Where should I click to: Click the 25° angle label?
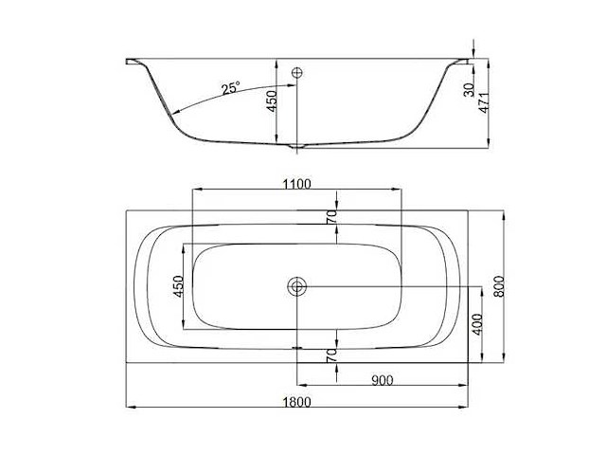pyautogui.click(x=230, y=88)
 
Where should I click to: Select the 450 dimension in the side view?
pyautogui.click(x=272, y=101)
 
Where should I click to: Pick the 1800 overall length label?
pyautogui.click(x=296, y=402)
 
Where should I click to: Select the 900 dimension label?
pyautogui.click(x=383, y=380)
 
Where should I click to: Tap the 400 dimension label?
pyautogui.click(x=477, y=323)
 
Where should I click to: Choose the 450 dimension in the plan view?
pyautogui.click(x=176, y=287)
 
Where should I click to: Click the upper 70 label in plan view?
pyautogui.click(x=331, y=217)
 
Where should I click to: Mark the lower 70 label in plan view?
pyautogui.click(x=331, y=356)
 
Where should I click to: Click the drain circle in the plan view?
pyautogui.click(x=297, y=286)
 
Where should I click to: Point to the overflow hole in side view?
pyautogui.click(x=297, y=73)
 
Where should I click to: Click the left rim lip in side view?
pyautogui.click(x=133, y=63)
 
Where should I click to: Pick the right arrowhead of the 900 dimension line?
pyautogui.click(x=465, y=386)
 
